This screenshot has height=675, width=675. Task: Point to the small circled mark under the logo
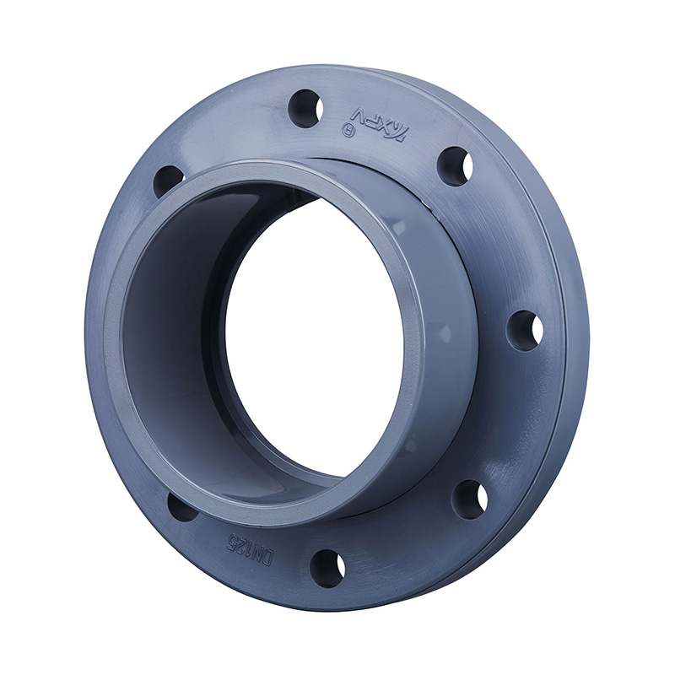344,130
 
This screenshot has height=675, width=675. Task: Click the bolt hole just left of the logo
305,108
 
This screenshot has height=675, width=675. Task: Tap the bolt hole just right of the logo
456,165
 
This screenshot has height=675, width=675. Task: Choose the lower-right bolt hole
470,499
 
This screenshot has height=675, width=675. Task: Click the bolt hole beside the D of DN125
327,568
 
